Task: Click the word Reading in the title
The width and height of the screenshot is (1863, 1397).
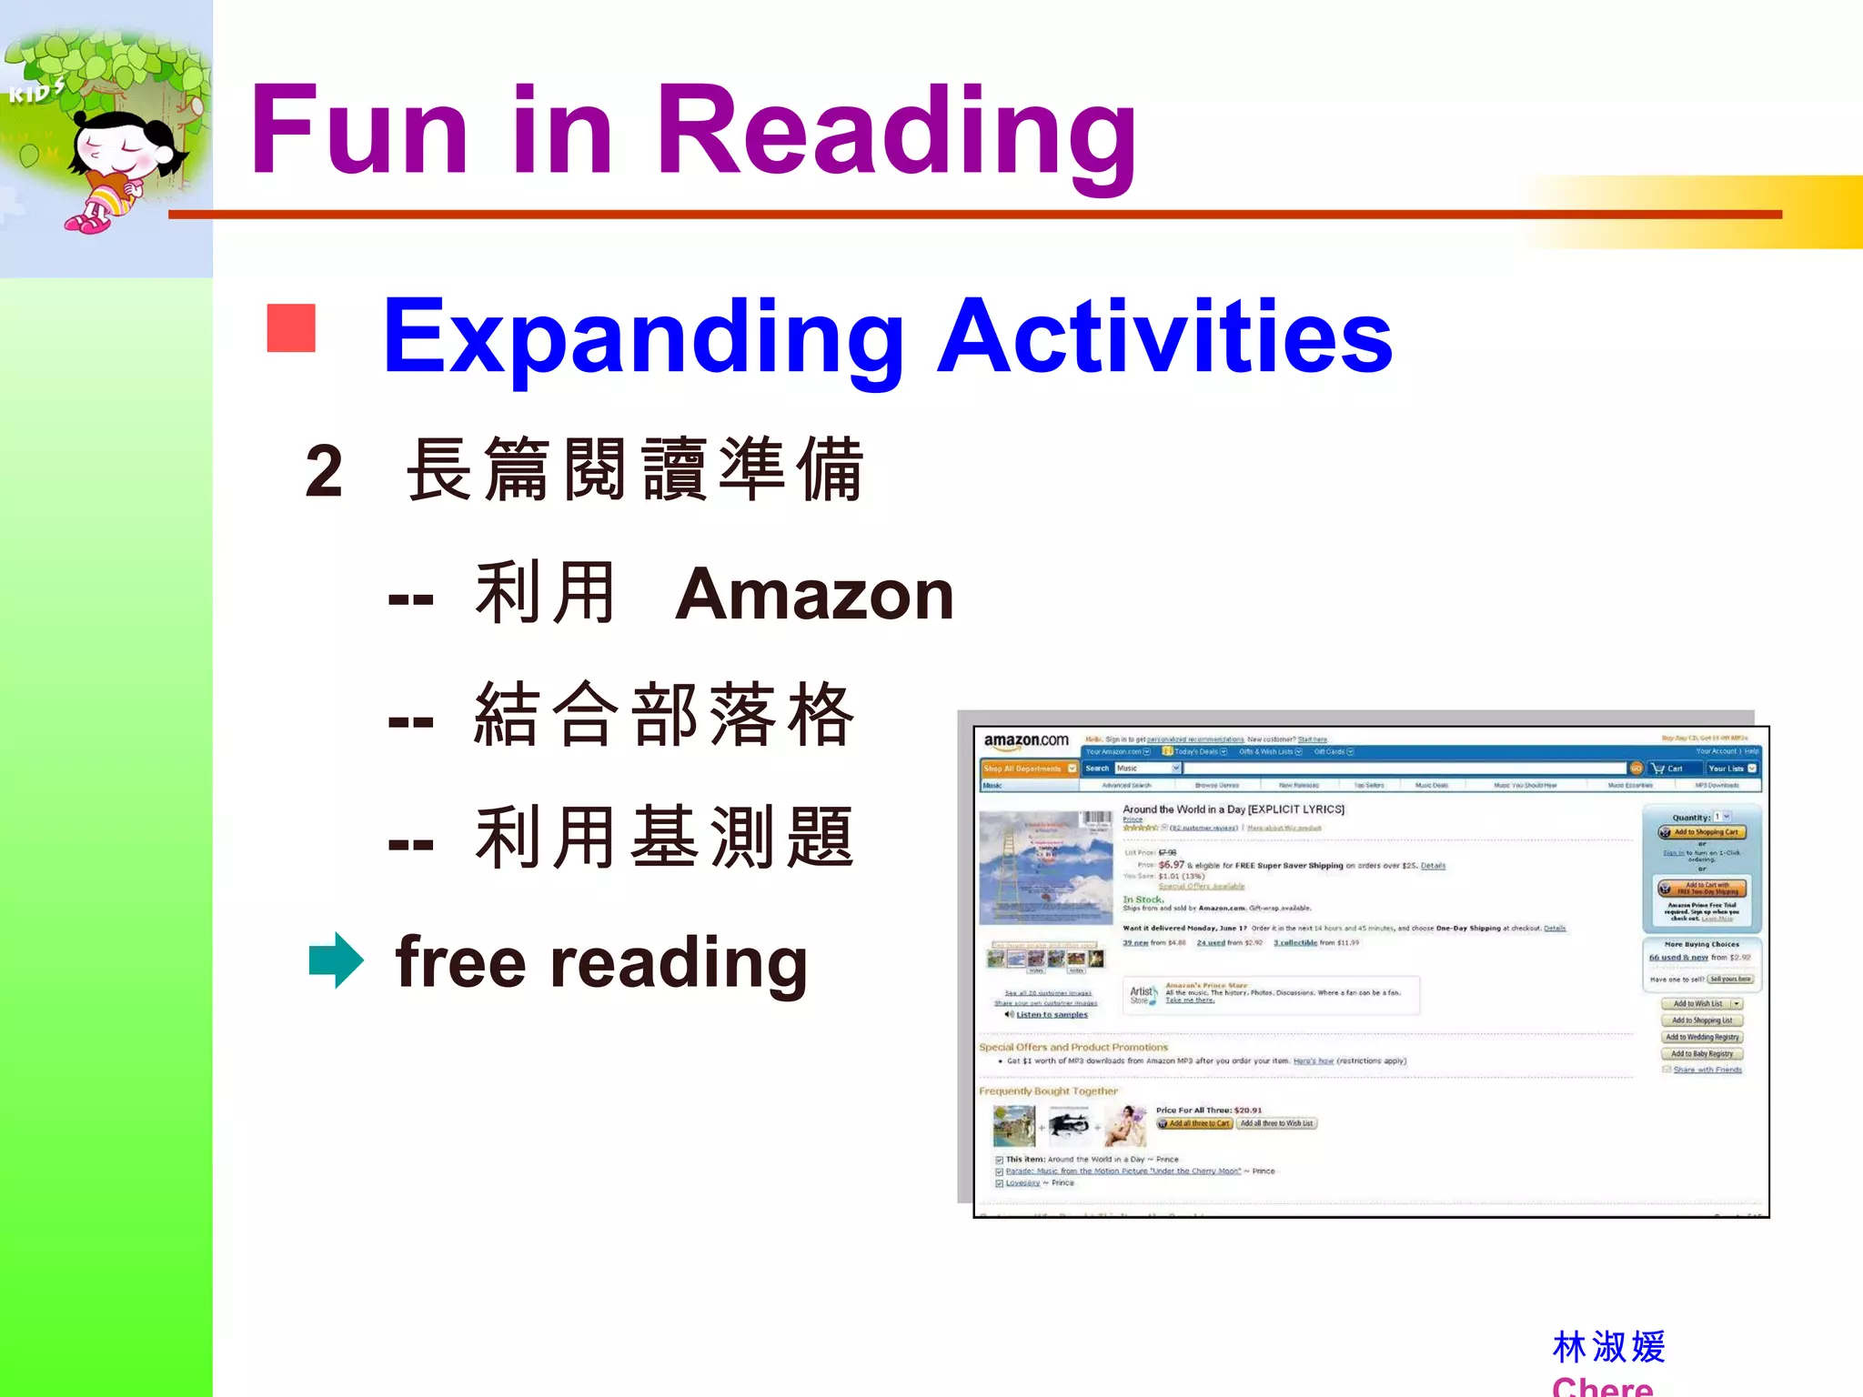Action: (896, 132)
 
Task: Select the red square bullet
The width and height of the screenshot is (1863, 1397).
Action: (291, 327)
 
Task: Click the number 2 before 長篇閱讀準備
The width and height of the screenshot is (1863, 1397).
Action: (324, 471)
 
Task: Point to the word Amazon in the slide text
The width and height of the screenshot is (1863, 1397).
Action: (814, 595)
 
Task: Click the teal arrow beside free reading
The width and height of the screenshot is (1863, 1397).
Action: (336, 960)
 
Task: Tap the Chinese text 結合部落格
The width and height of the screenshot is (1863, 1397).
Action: (664, 715)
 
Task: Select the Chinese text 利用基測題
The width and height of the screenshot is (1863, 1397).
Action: (664, 838)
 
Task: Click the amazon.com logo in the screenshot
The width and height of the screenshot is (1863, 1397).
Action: (1026, 741)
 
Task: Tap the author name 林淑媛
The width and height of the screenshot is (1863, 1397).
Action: (1608, 1347)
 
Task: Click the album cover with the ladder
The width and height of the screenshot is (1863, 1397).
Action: (1045, 869)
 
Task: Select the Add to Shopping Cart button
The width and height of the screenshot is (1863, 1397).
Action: (1701, 832)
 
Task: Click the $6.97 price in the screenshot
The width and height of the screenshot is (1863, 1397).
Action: (1171, 865)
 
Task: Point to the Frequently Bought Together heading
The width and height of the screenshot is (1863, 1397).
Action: (1048, 1091)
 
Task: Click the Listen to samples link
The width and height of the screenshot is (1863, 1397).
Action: (1051, 1015)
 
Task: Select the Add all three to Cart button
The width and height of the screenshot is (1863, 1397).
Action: (1194, 1124)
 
